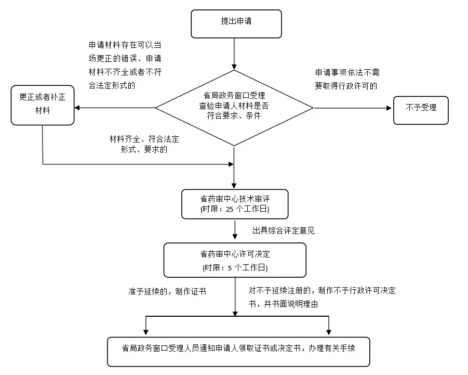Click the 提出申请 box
(236, 24)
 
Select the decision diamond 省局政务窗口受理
(234, 107)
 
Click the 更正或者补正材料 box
(42, 105)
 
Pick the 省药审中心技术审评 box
(235, 203)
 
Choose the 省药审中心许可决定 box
(235, 260)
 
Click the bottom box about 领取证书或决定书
(238, 352)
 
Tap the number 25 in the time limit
(230, 210)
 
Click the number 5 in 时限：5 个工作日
(229, 268)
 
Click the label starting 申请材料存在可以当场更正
(125, 65)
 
